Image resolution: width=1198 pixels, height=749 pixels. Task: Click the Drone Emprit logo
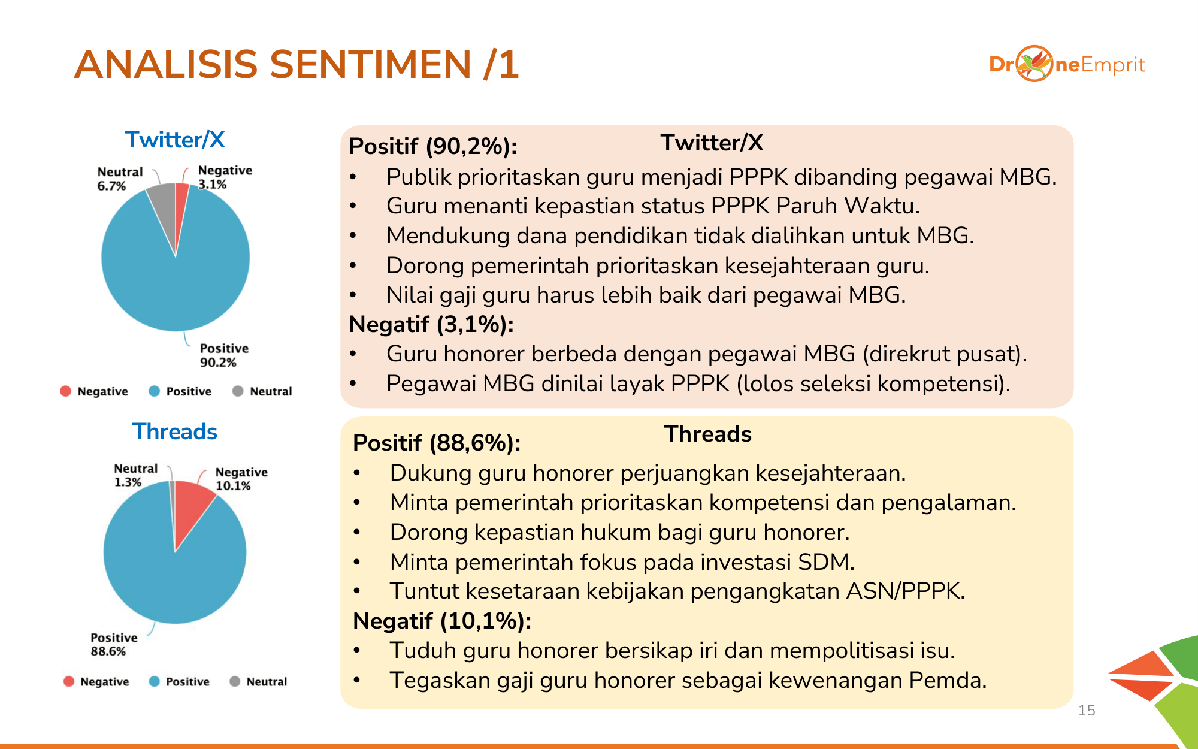(1067, 64)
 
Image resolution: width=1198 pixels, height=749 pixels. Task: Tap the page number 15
(1087, 711)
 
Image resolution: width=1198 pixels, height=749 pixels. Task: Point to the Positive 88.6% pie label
(114, 644)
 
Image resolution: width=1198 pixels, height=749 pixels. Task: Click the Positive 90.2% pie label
(224, 355)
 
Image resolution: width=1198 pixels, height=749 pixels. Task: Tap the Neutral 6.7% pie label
(120, 179)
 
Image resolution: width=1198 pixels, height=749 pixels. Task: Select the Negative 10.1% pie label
(241, 479)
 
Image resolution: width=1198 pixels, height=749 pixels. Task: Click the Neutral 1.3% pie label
(136, 475)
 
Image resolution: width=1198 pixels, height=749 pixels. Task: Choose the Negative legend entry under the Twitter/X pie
(94, 391)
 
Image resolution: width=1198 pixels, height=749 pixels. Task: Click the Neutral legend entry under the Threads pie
(259, 682)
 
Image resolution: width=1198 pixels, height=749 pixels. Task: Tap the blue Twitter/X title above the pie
(175, 140)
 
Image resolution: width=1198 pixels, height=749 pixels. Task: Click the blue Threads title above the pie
(175, 431)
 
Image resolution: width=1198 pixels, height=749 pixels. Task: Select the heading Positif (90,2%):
(433, 146)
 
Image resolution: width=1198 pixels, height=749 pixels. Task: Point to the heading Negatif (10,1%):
(442, 621)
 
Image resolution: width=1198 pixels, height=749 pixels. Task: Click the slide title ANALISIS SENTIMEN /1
(297, 64)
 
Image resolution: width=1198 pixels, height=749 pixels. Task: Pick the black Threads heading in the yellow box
(708, 434)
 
